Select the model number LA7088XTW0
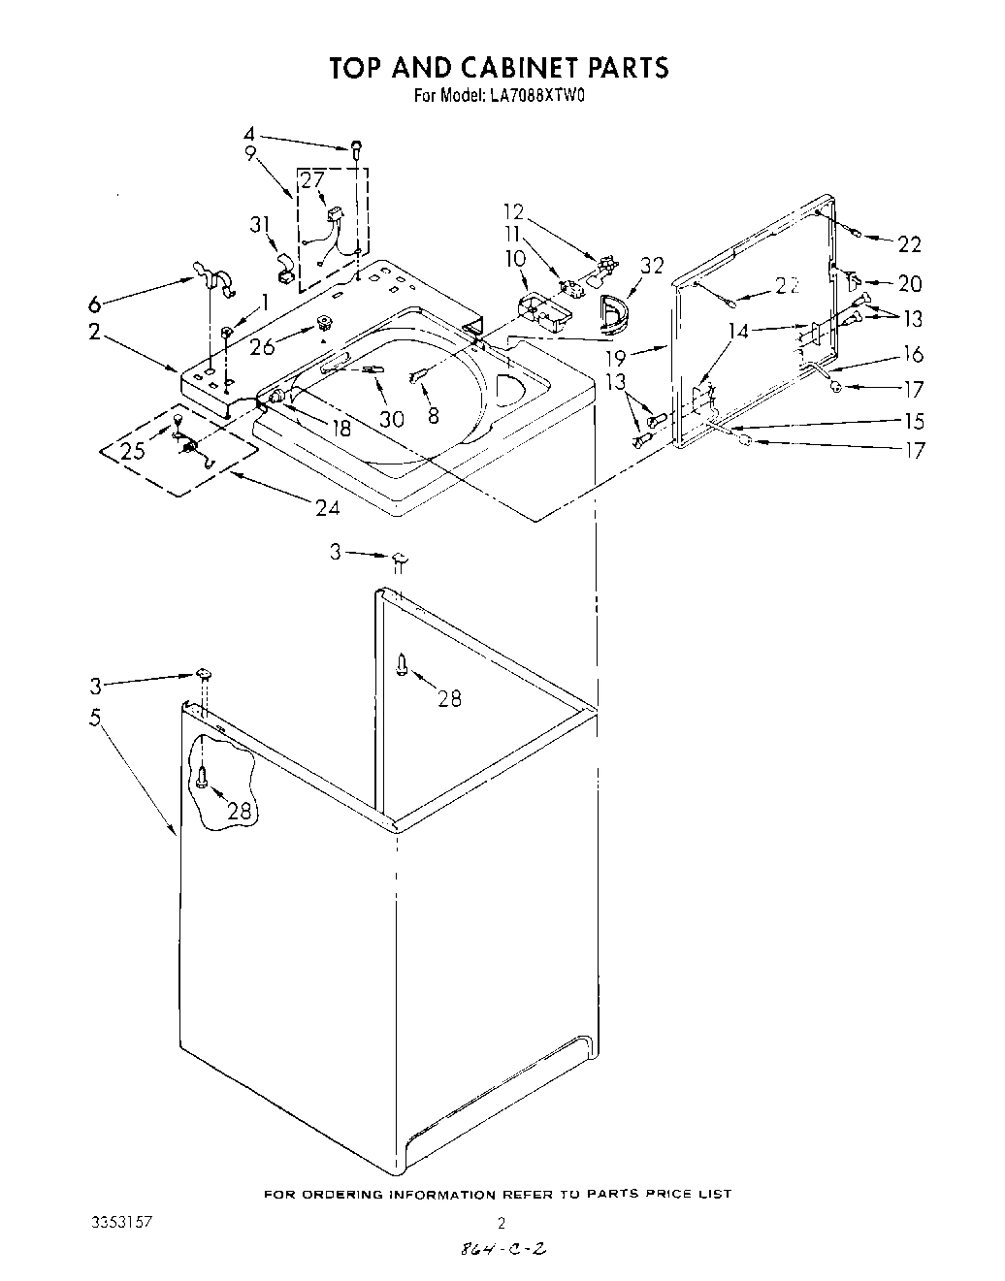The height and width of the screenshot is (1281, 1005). [529, 96]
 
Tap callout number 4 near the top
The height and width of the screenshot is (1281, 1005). [249, 135]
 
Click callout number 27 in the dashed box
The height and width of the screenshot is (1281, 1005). [312, 179]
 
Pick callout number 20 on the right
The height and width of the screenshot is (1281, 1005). [910, 283]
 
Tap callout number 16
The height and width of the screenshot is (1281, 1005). [913, 354]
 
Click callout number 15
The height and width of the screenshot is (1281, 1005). [912, 421]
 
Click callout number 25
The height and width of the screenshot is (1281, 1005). [134, 450]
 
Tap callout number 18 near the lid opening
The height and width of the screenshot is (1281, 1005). [340, 427]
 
